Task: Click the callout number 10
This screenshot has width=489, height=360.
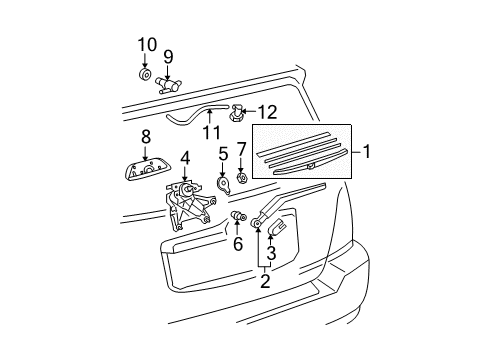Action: [147, 45]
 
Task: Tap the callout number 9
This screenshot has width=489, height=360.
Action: [168, 57]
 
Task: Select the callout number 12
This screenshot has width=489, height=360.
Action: [268, 112]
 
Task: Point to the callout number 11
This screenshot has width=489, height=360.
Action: [212, 133]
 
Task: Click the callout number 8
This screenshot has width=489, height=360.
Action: [146, 137]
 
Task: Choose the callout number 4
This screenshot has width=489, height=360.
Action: [185, 158]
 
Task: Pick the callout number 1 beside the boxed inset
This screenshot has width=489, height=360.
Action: [366, 152]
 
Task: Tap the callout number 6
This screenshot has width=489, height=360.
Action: [238, 244]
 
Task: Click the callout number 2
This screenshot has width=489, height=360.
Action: [265, 281]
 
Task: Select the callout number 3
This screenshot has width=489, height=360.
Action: [271, 253]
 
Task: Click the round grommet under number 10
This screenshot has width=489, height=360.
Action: [145, 75]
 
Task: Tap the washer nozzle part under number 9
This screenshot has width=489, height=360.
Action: [168, 85]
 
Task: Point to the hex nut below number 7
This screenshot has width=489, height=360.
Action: [241, 178]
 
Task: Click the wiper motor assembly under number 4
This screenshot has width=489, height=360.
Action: [189, 205]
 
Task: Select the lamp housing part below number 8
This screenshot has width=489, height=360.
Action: [146, 169]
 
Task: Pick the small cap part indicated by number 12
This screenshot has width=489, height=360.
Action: [236, 113]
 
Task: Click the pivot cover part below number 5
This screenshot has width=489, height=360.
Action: [223, 185]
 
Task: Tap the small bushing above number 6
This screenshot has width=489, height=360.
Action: [239, 216]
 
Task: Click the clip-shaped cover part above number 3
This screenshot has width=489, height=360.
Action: [277, 227]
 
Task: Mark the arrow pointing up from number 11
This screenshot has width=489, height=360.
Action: [210, 117]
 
